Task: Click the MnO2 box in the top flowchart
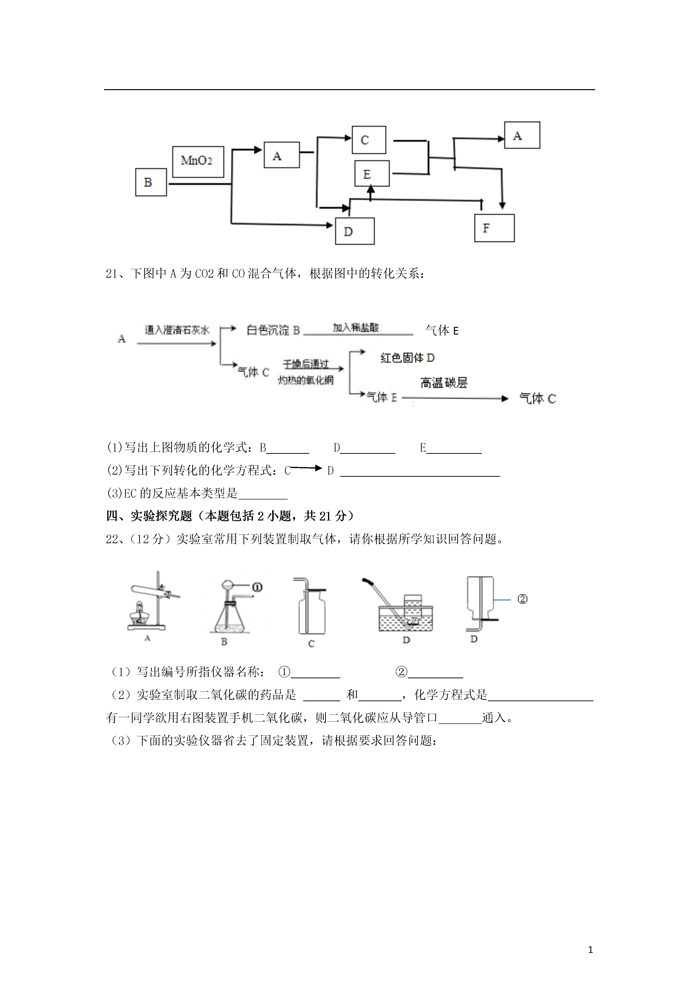(198, 161)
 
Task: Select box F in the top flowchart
(494, 228)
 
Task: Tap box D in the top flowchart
(355, 231)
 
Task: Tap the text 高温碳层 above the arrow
(444, 383)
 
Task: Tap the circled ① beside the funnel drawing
(257, 587)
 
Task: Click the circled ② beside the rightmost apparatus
(522, 599)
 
